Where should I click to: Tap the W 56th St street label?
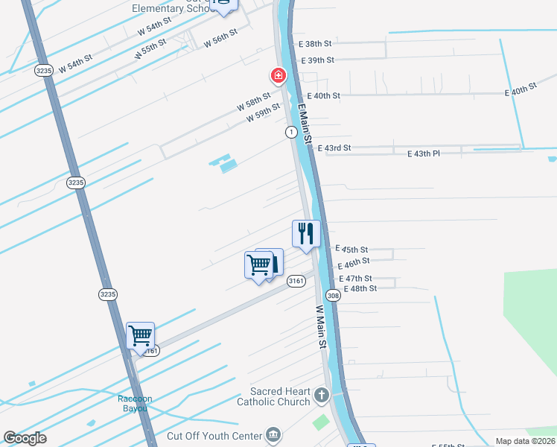coord(220,37)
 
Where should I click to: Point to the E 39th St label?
coord(317,60)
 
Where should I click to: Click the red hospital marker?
coord(278,75)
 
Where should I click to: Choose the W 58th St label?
coord(253,103)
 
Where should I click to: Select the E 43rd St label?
coord(334,148)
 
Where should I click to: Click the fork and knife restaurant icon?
coord(305,234)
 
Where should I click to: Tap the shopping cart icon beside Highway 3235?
coord(140,336)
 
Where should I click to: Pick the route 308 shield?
coord(334,296)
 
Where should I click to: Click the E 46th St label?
coord(354,263)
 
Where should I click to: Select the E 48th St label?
coord(360,288)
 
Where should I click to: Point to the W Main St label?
coord(322,327)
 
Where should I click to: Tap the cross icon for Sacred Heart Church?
coord(322,395)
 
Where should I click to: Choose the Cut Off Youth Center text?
coord(214,436)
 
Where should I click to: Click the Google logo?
coord(25,438)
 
